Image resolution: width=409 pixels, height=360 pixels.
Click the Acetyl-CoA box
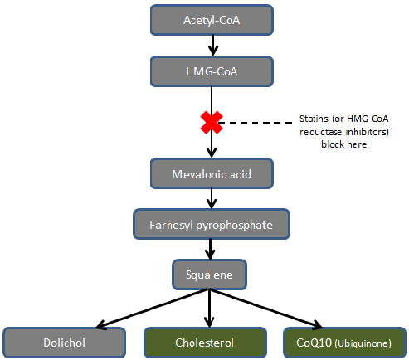[212, 20]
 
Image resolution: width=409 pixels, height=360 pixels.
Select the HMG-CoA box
[212, 71]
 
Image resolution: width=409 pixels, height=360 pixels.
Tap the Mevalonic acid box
[212, 173]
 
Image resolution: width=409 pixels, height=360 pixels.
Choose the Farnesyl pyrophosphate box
[212, 224]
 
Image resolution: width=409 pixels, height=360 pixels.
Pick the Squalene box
[209, 275]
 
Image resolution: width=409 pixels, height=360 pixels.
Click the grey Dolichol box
[64, 343]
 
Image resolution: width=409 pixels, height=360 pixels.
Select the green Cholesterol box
[205, 343]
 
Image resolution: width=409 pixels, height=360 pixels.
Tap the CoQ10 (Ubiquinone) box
[345, 343]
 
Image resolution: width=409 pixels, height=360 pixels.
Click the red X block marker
[212, 123]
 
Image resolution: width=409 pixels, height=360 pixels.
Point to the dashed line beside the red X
[257, 122]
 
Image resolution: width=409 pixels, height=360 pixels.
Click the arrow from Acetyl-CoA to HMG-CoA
[212, 46]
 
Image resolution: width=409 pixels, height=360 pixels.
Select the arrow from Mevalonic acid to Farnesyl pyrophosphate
[212, 199]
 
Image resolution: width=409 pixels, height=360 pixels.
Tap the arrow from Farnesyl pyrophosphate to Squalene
[210, 250]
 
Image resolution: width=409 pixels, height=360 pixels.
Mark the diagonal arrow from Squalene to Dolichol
[152, 309]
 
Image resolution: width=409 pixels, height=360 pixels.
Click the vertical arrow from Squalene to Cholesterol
[209, 309]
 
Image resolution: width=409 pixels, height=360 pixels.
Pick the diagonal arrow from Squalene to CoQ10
[266, 309]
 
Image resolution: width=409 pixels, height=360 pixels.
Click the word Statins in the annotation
[314, 119]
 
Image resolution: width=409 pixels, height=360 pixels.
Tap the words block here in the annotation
[344, 144]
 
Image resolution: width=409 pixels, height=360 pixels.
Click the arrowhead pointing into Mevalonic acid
[212, 153]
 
